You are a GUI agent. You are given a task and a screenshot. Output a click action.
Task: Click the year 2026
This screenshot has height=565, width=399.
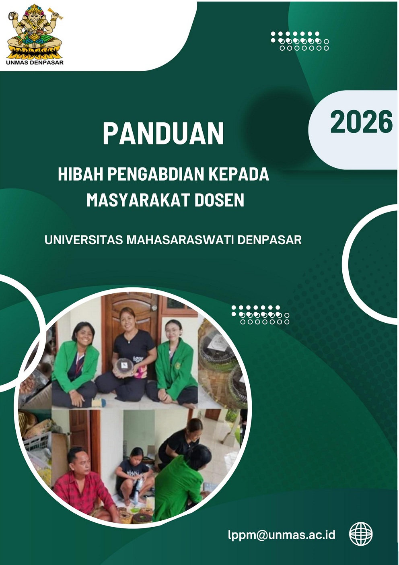[362, 122]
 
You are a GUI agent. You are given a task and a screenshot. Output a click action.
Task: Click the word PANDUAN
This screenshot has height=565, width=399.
[163, 134]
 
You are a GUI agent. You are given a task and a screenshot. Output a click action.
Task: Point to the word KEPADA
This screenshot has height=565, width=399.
[239, 174]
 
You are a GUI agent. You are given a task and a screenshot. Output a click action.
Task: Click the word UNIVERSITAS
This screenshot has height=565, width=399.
[84, 240]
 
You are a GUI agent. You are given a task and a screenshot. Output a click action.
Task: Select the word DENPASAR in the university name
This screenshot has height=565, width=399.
[269, 240]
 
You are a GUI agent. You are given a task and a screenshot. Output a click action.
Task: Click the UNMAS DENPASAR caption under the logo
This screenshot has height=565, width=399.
[35, 62]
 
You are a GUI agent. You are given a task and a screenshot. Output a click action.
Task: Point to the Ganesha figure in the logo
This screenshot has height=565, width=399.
[34, 30]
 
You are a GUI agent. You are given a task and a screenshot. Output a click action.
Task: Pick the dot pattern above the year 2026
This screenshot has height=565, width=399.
[300, 41]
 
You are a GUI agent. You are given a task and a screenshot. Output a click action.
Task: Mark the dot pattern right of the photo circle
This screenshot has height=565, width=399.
[260, 315]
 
